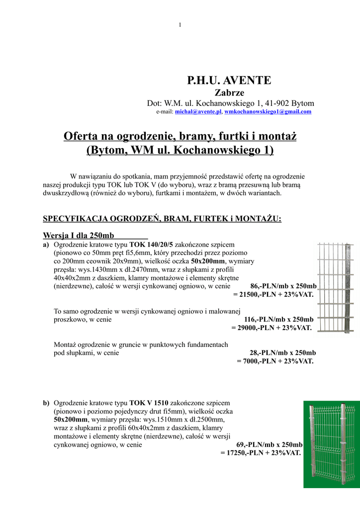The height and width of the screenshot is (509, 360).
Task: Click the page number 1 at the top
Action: click(180, 25)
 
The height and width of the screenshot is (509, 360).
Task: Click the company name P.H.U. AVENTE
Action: click(229, 80)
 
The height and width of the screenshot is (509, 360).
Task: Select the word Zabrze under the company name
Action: click(229, 92)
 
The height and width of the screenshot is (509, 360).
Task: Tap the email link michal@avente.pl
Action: click(198, 112)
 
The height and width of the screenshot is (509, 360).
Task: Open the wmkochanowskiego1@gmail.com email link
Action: click(268, 112)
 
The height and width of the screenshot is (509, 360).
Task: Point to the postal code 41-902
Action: click(276, 103)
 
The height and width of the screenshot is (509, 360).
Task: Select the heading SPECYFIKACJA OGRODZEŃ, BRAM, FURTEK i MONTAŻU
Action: click(162, 219)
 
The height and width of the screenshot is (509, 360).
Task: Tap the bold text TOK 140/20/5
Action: click(151, 245)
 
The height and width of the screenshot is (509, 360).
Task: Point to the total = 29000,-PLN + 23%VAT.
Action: click(271, 328)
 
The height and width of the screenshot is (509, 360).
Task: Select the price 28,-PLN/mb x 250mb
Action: click(282, 353)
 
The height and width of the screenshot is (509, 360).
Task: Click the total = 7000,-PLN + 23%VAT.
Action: click(275, 361)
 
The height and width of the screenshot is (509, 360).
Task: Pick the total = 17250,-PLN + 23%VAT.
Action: click(261, 453)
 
